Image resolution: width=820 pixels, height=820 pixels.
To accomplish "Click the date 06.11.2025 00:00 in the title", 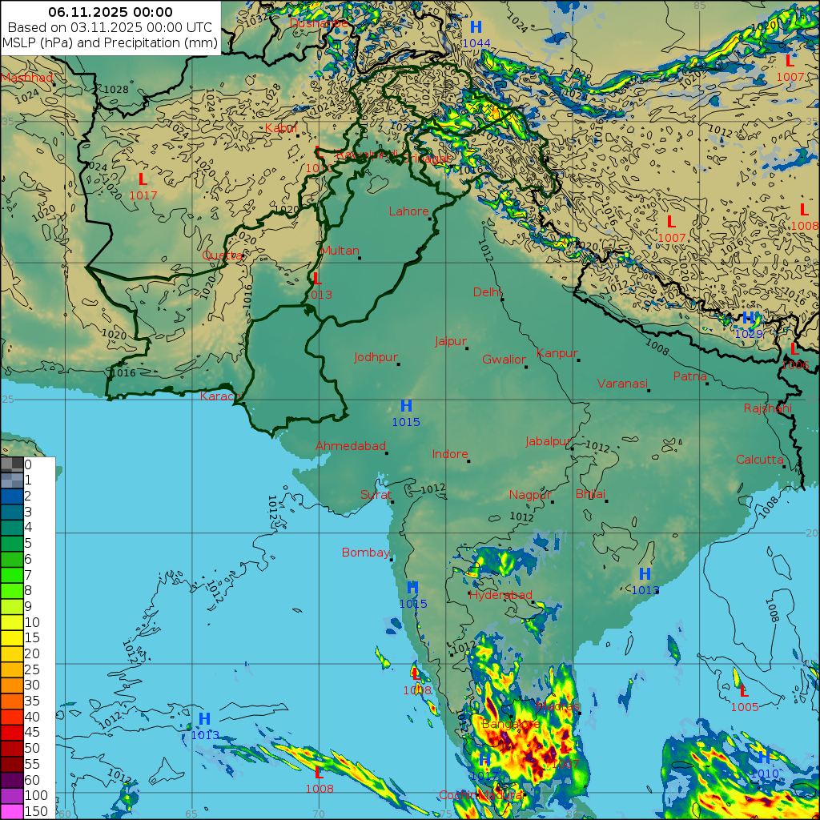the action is pos(111,12).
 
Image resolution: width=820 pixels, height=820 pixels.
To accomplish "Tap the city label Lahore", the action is pos(408,212).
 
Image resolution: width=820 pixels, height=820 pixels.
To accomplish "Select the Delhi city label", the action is pos(487,291).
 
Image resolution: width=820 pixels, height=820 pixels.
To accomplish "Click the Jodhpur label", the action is pos(376,357).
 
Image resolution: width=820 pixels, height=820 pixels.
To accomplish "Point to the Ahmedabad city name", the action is pos(350,446).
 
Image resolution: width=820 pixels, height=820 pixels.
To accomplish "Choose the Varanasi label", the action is pos(621,384).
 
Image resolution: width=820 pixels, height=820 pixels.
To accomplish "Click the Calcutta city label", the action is pos(759,460).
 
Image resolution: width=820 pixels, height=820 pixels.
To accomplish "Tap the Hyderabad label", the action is pos(500,596).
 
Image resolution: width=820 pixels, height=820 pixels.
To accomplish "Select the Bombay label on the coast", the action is pos(365,553).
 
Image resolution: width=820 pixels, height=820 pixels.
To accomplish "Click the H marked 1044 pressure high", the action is pos(476,28).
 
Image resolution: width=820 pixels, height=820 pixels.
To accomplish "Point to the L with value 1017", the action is pos(143,179).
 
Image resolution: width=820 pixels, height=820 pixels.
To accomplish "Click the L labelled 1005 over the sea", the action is pos(743,691).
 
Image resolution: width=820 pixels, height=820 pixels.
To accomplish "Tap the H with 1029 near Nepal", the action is pos(748,319).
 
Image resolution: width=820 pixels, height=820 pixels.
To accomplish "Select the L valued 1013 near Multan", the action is pos(317,279).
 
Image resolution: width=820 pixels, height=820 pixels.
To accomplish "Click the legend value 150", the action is pos(36,811).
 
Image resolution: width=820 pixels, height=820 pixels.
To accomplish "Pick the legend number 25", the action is pos(32,669).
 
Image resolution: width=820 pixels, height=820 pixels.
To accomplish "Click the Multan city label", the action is pos(340,251).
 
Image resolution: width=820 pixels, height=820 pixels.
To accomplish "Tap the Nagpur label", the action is pos(529,495).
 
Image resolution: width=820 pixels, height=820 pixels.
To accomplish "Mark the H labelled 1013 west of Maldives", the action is pos(204,719).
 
